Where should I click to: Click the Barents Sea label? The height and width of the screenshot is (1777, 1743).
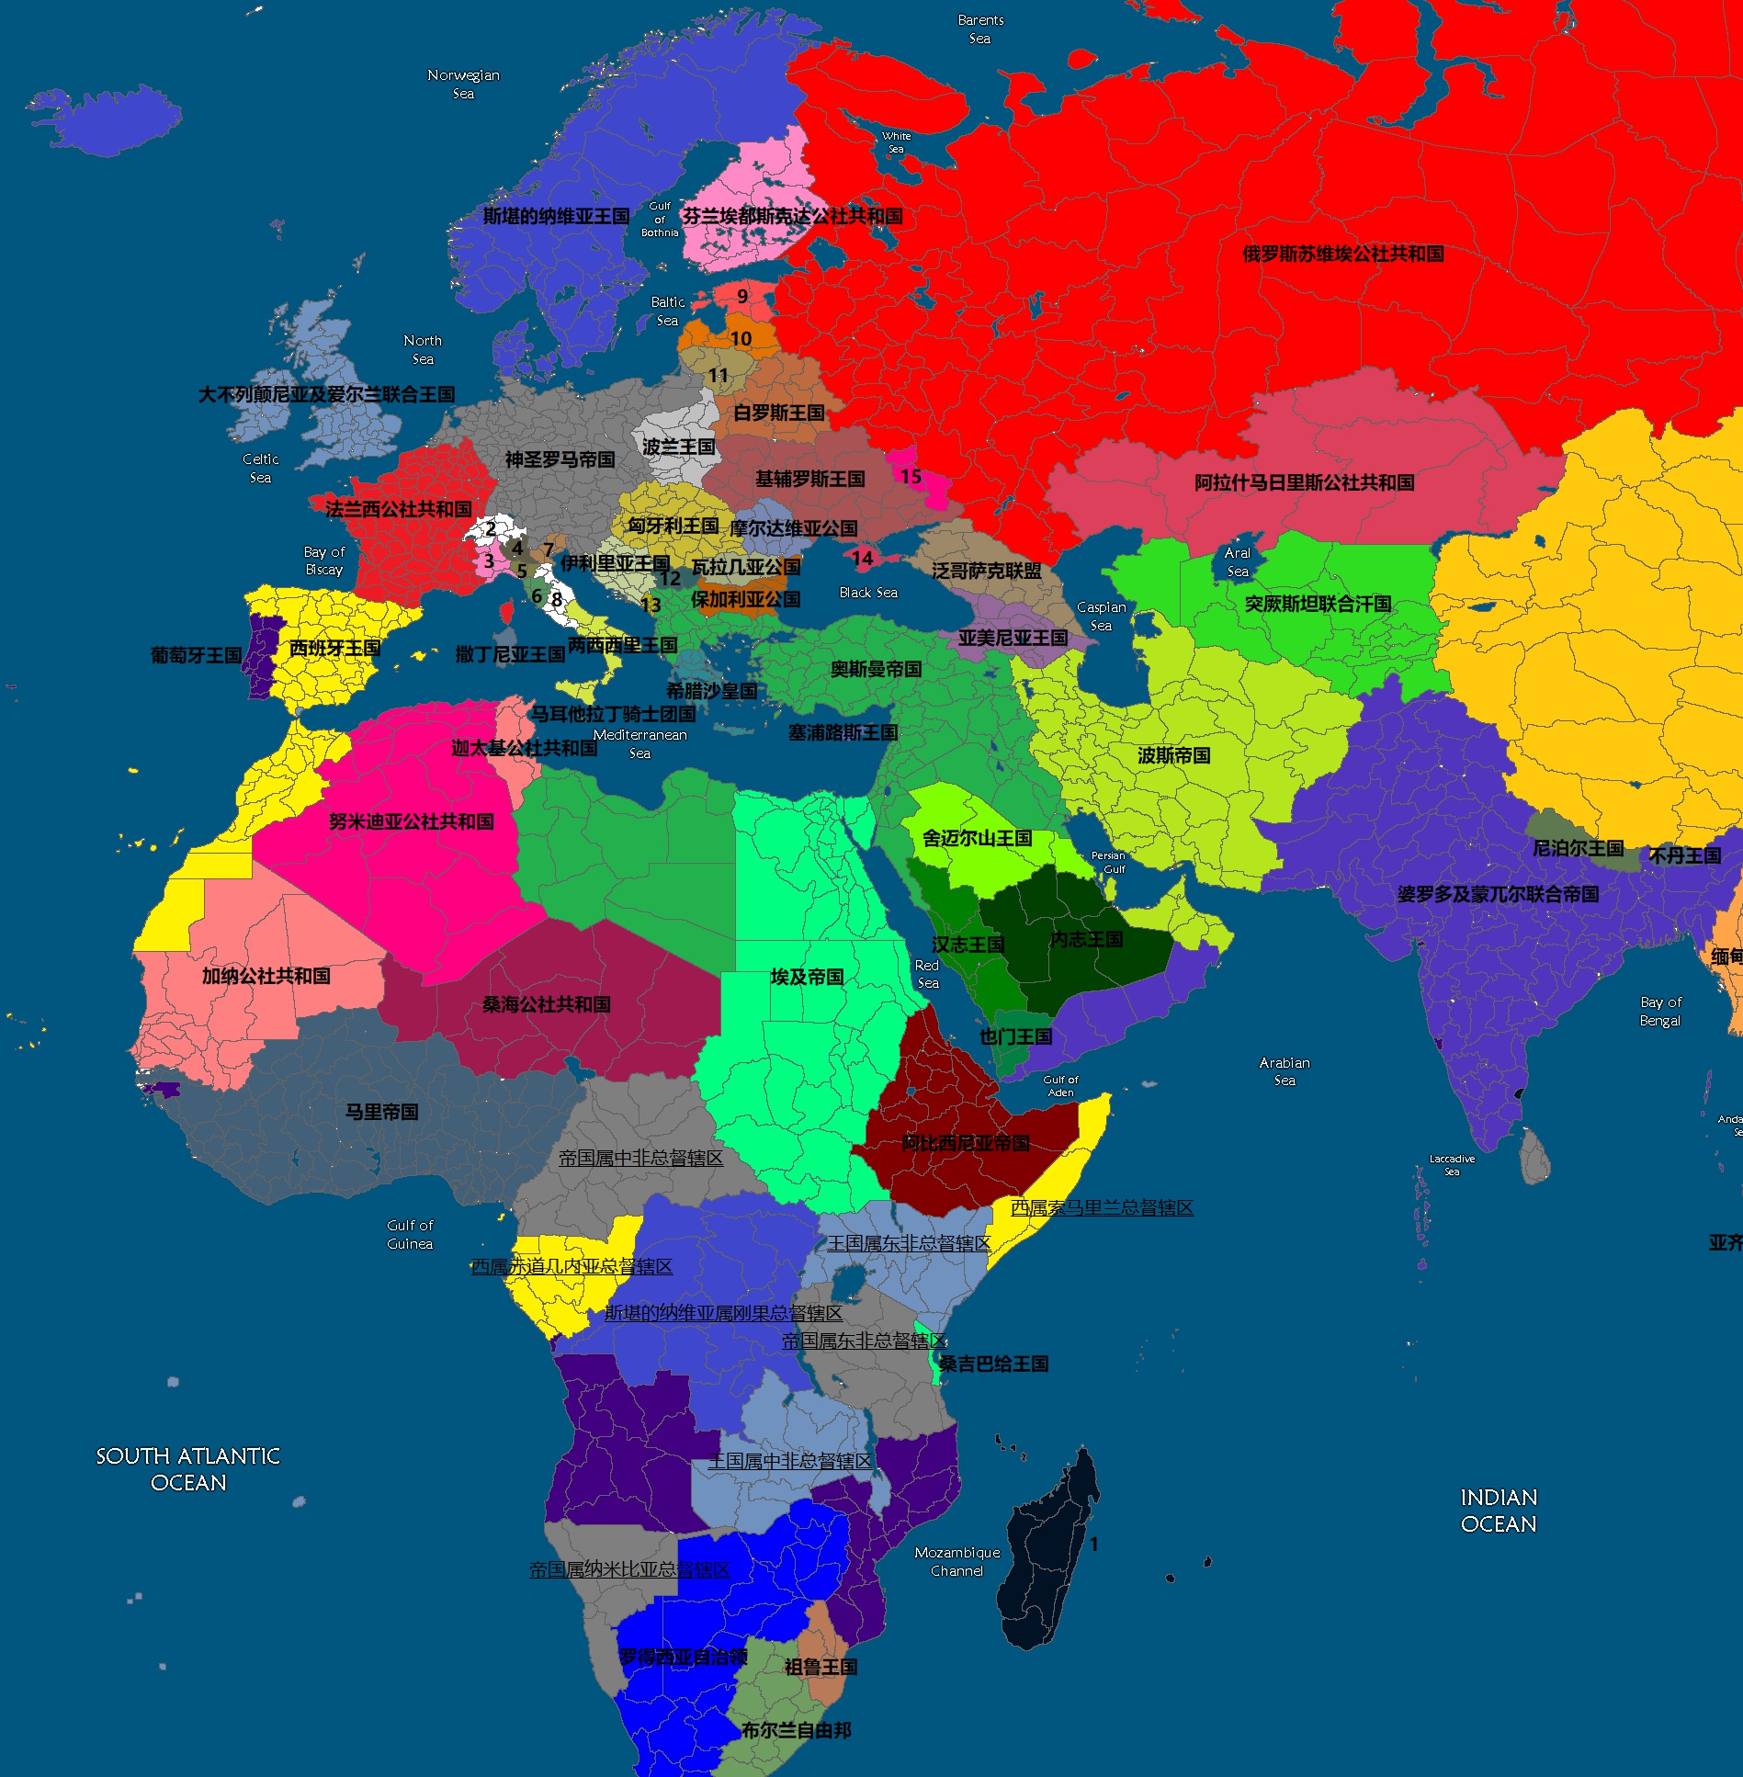(980, 29)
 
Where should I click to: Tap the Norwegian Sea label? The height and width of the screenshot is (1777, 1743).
(463, 84)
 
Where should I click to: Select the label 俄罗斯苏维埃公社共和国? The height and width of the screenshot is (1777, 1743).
(1343, 254)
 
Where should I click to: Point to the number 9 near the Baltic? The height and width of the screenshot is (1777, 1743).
(742, 296)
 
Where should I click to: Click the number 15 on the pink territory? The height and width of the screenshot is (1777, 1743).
(911, 476)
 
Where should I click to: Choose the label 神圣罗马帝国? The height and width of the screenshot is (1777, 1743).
(560, 458)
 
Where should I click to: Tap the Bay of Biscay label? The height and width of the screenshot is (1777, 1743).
(323, 560)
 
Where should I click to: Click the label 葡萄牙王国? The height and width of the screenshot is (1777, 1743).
(196, 655)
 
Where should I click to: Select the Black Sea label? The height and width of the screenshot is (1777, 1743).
(868, 593)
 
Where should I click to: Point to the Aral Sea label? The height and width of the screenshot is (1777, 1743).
(1238, 561)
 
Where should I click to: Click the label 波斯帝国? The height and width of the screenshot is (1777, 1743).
(1173, 755)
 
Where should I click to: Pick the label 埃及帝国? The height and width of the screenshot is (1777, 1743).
(807, 977)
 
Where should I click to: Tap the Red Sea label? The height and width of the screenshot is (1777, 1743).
(927, 974)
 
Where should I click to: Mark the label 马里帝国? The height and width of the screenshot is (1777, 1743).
(381, 1112)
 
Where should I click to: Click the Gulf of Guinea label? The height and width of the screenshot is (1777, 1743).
(410, 1234)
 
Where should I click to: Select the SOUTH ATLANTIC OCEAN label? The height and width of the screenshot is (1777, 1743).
(188, 1469)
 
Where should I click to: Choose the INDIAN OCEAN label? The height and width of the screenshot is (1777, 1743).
(1499, 1511)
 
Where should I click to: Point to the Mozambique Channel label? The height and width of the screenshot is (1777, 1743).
(957, 1561)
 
